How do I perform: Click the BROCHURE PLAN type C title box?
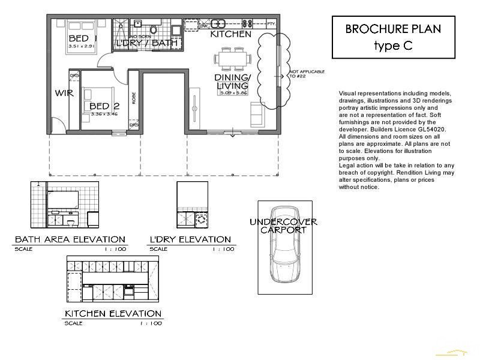[394, 37]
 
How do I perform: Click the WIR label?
[64, 93]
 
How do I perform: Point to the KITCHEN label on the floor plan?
[230, 35]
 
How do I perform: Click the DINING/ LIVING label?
[232, 82]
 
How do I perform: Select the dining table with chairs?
[231, 60]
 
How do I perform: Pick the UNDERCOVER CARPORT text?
[283, 226]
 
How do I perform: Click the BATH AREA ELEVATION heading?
[70, 239]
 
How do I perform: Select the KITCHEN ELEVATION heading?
[113, 313]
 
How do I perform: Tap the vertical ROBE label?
[134, 99]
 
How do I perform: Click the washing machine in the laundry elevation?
[201, 220]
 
